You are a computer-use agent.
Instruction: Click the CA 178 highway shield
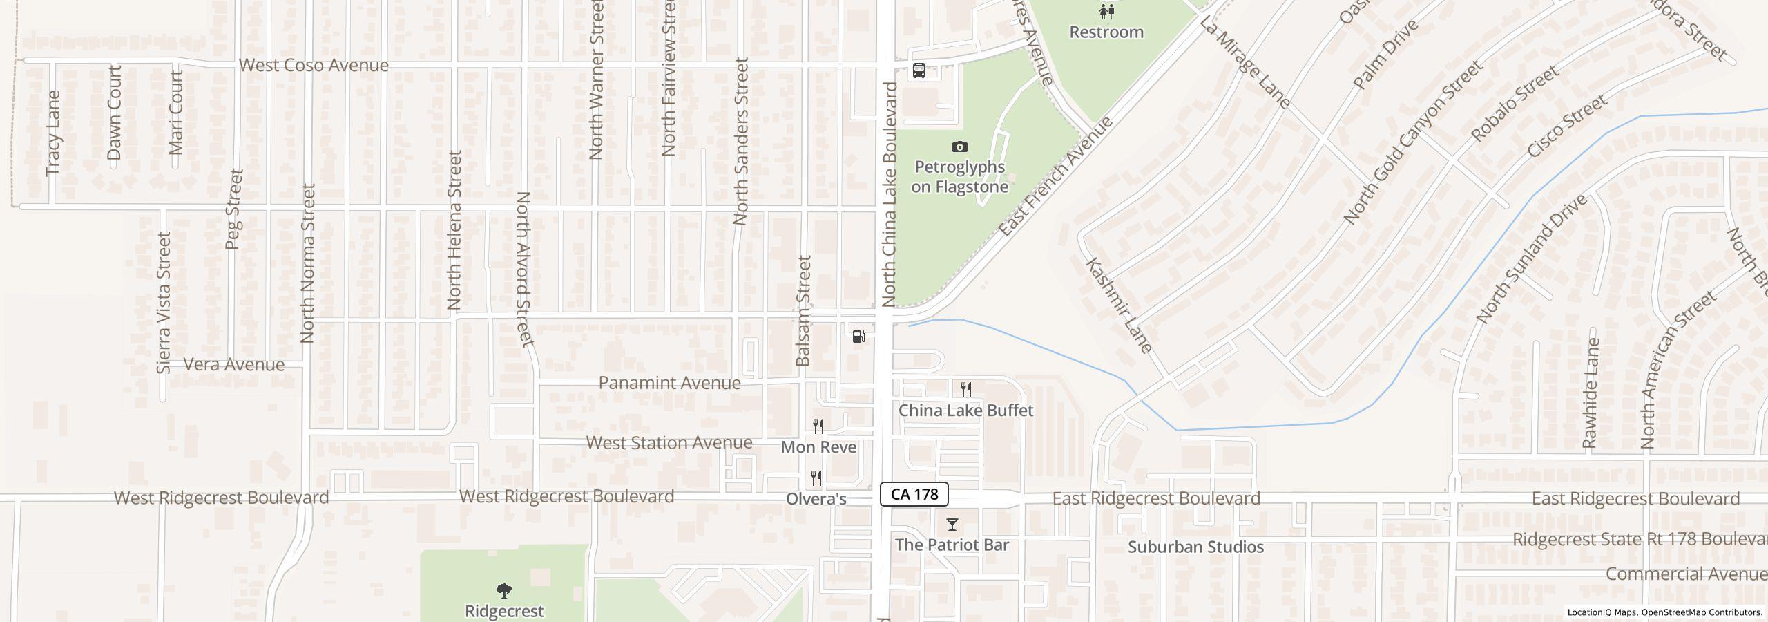click(914, 494)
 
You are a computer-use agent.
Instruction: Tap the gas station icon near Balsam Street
click(859, 337)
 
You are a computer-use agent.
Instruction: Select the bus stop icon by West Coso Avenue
click(919, 70)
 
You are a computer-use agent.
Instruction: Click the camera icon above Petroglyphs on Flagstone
click(959, 147)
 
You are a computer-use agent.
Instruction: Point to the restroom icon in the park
click(1106, 11)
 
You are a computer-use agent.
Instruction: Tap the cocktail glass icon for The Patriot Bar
click(952, 525)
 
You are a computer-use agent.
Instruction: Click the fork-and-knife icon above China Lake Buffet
click(966, 390)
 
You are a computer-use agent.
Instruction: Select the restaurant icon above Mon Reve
click(818, 426)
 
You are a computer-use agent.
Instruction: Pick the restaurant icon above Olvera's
click(816, 478)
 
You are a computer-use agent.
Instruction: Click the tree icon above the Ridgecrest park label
click(504, 591)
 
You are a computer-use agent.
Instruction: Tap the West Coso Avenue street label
click(314, 65)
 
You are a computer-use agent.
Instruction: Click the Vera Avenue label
click(233, 365)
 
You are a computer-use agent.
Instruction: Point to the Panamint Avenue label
click(669, 383)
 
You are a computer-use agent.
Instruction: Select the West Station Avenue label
click(669, 442)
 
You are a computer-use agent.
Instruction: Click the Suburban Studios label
click(1195, 547)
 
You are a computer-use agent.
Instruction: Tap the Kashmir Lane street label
click(1118, 305)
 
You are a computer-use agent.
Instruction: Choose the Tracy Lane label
click(53, 133)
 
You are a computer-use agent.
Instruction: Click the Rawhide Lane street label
click(1591, 392)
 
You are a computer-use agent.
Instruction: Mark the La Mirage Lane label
click(1245, 63)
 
